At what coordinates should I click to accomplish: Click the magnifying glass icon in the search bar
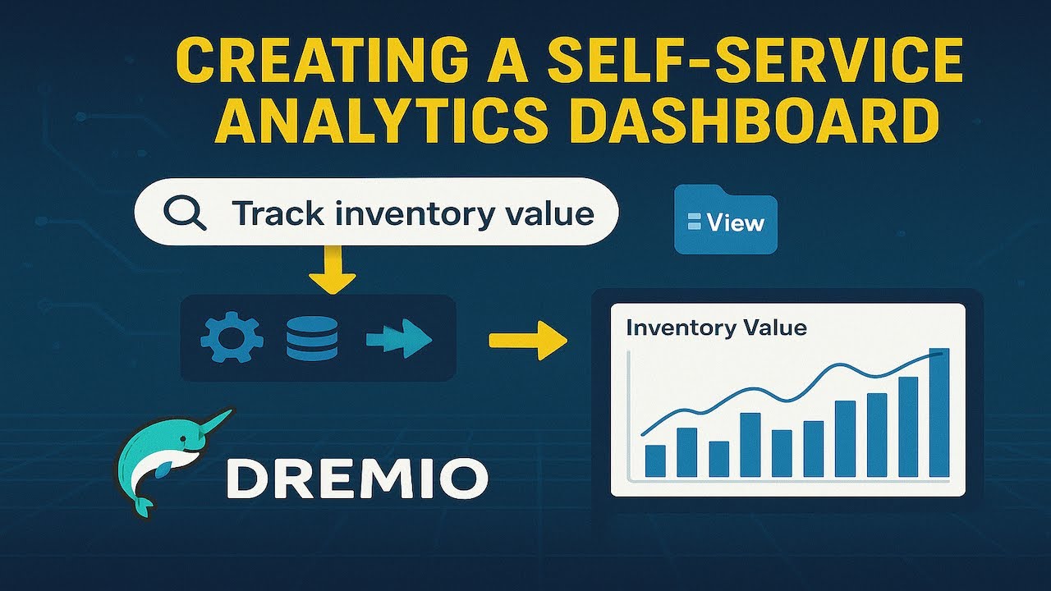tap(185, 213)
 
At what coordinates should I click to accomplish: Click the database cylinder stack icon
tap(312, 338)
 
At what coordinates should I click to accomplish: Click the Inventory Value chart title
tap(716, 328)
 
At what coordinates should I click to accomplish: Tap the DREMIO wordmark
tap(357, 479)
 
